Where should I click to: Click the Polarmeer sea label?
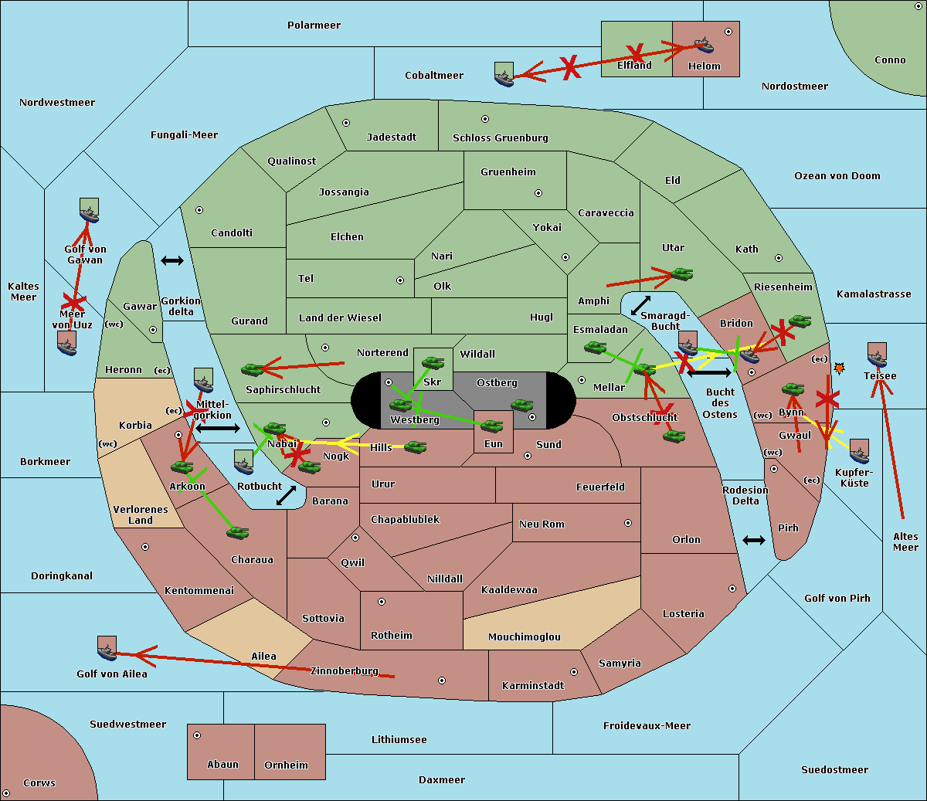point(314,25)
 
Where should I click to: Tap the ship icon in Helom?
point(703,45)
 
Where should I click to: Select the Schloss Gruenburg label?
point(500,138)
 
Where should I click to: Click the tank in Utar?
point(681,274)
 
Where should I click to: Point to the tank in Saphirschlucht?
point(253,370)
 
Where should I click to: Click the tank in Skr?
point(433,362)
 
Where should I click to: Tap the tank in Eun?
point(492,426)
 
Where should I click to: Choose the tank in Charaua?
point(238,532)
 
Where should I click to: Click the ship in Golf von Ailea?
point(107,649)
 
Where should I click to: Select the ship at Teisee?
point(877,355)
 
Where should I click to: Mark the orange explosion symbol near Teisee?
point(839,369)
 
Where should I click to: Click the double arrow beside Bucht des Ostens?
point(708,373)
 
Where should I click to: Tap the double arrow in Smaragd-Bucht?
point(640,305)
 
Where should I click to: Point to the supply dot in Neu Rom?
point(627,523)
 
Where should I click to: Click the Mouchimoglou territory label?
point(524,637)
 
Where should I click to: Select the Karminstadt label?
point(533,686)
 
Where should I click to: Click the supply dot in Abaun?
point(197,735)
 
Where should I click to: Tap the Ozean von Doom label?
point(837,176)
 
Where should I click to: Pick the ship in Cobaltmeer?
point(504,75)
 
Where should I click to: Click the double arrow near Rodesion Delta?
point(754,540)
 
